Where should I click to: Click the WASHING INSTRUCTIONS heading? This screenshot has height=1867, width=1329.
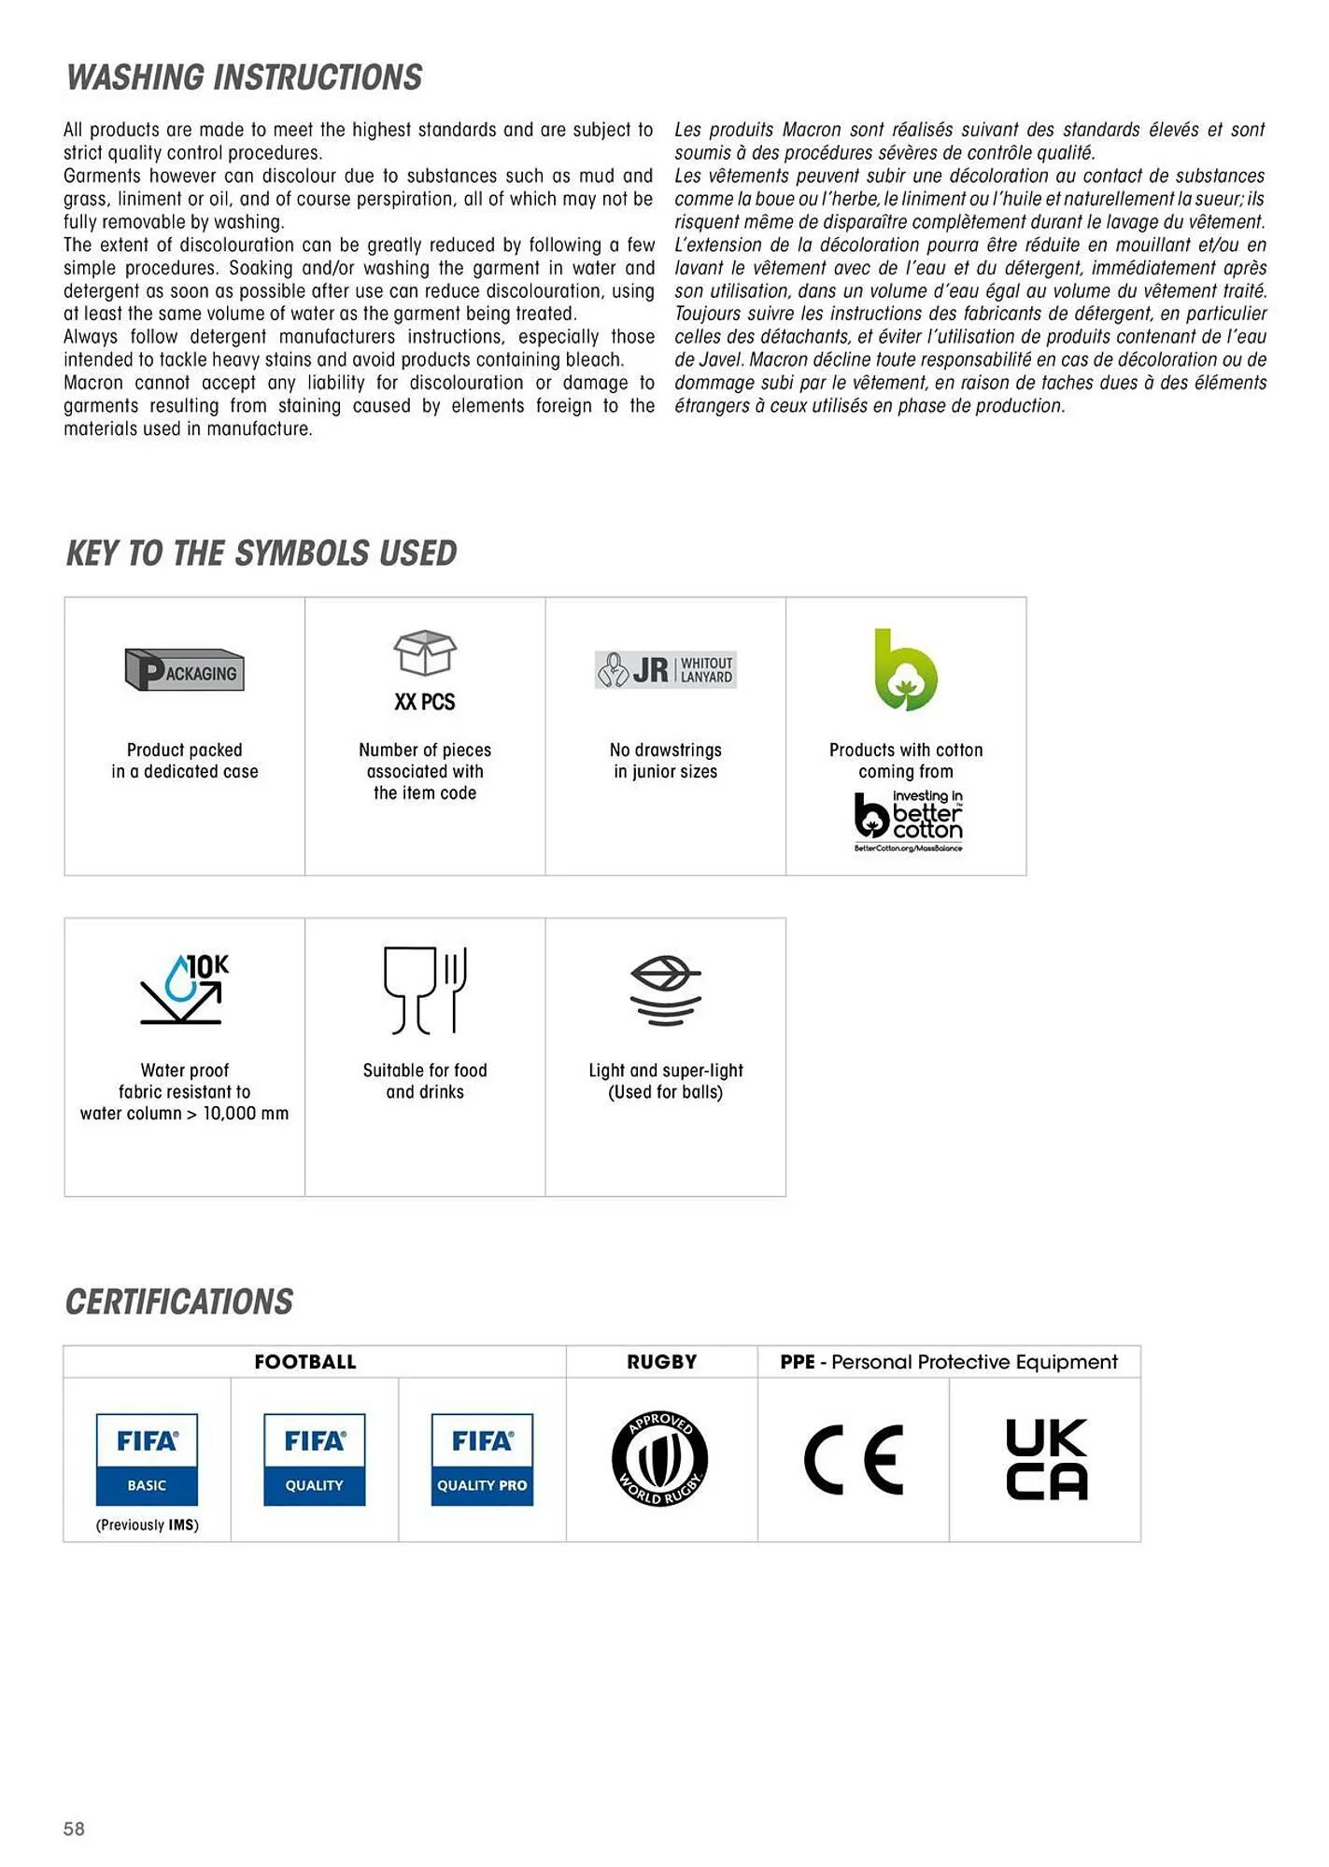point(244,77)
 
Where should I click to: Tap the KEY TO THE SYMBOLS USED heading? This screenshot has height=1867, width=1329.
point(261,554)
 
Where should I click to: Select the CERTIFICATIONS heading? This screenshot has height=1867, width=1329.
point(178,1302)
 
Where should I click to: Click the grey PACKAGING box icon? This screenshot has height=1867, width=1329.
point(184,669)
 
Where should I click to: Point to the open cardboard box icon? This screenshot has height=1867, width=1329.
point(425,653)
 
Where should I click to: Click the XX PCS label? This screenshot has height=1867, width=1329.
point(425,702)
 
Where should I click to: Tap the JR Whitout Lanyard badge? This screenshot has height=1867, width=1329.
point(665,669)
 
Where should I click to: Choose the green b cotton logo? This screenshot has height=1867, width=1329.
point(905,670)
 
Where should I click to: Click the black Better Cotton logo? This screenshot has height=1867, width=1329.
point(908,821)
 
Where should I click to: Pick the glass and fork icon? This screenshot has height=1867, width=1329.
point(425,990)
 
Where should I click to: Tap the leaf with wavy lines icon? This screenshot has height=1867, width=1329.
point(665,990)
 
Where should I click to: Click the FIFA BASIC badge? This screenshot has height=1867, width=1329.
point(147,1459)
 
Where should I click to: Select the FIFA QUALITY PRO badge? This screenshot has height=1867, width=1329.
point(482,1459)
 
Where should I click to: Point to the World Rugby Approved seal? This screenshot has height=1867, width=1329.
point(660,1458)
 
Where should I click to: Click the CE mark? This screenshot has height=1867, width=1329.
point(853,1459)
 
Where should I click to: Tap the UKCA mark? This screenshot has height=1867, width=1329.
point(1046,1459)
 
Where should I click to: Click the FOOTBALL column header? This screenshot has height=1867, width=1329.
point(305,1362)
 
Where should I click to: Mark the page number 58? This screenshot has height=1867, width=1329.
point(74,1829)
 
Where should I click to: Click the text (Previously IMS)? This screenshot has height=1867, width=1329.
point(147,1525)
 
